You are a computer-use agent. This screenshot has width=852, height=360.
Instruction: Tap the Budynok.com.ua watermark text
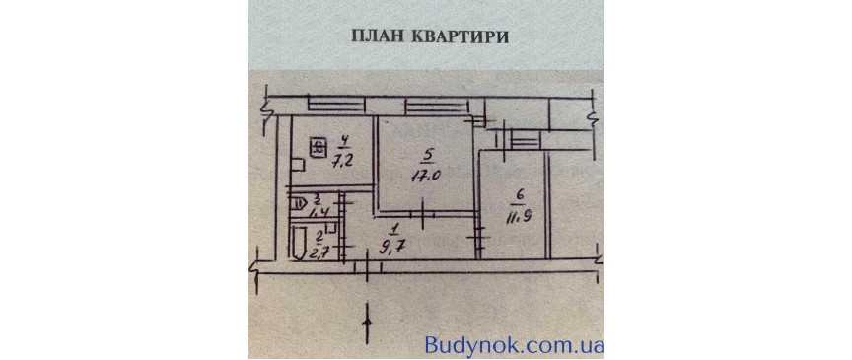514,345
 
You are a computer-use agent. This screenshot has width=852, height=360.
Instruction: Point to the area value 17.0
426,178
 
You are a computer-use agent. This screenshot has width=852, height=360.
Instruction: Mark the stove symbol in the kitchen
318,149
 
